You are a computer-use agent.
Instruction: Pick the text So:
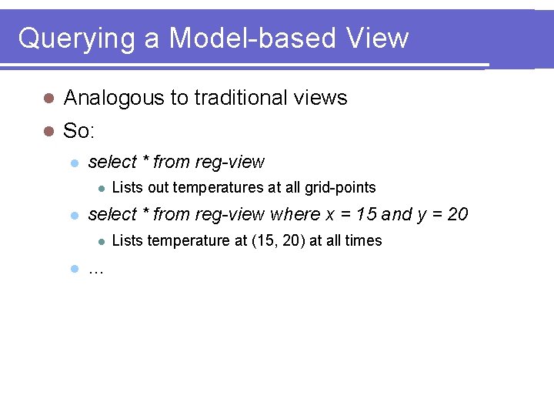pos(79,131)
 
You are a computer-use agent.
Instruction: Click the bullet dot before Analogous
pos(48,98)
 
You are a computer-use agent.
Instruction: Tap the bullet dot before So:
pos(48,131)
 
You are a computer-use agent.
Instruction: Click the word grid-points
pos(340,187)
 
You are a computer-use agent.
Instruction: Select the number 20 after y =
pos(457,214)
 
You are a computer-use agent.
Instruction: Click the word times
pos(363,240)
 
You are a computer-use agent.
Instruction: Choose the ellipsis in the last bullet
pos(96,270)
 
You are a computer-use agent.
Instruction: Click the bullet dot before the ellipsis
pos(74,269)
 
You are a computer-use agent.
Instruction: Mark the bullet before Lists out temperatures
pos(100,187)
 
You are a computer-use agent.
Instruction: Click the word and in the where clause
pos(396,214)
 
